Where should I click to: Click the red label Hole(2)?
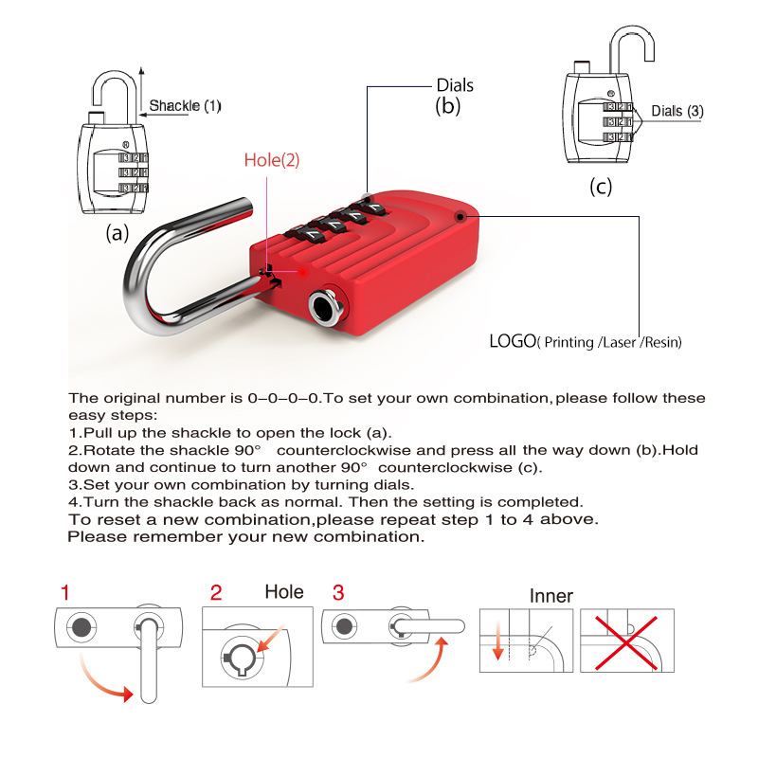pyautogui.click(x=272, y=160)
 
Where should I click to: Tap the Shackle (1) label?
pyautogui.click(x=186, y=105)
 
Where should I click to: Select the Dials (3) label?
pyautogui.click(x=677, y=111)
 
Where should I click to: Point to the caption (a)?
pyautogui.click(x=117, y=232)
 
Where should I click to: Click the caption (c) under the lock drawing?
pyautogui.click(x=602, y=186)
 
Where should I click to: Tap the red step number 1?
pyautogui.click(x=64, y=593)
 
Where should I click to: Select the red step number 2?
pyautogui.click(x=216, y=593)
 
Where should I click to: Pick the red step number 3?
pyautogui.click(x=338, y=593)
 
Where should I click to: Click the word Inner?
pyautogui.click(x=551, y=596)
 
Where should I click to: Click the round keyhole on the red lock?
pyautogui.click(x=324, y=305)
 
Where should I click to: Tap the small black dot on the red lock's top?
pyautogui.click(x=460, y=216)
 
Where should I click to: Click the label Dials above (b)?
pyautogui.click(x=455, y=85)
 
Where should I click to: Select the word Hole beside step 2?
pyautogui.click(x=284, y=592)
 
